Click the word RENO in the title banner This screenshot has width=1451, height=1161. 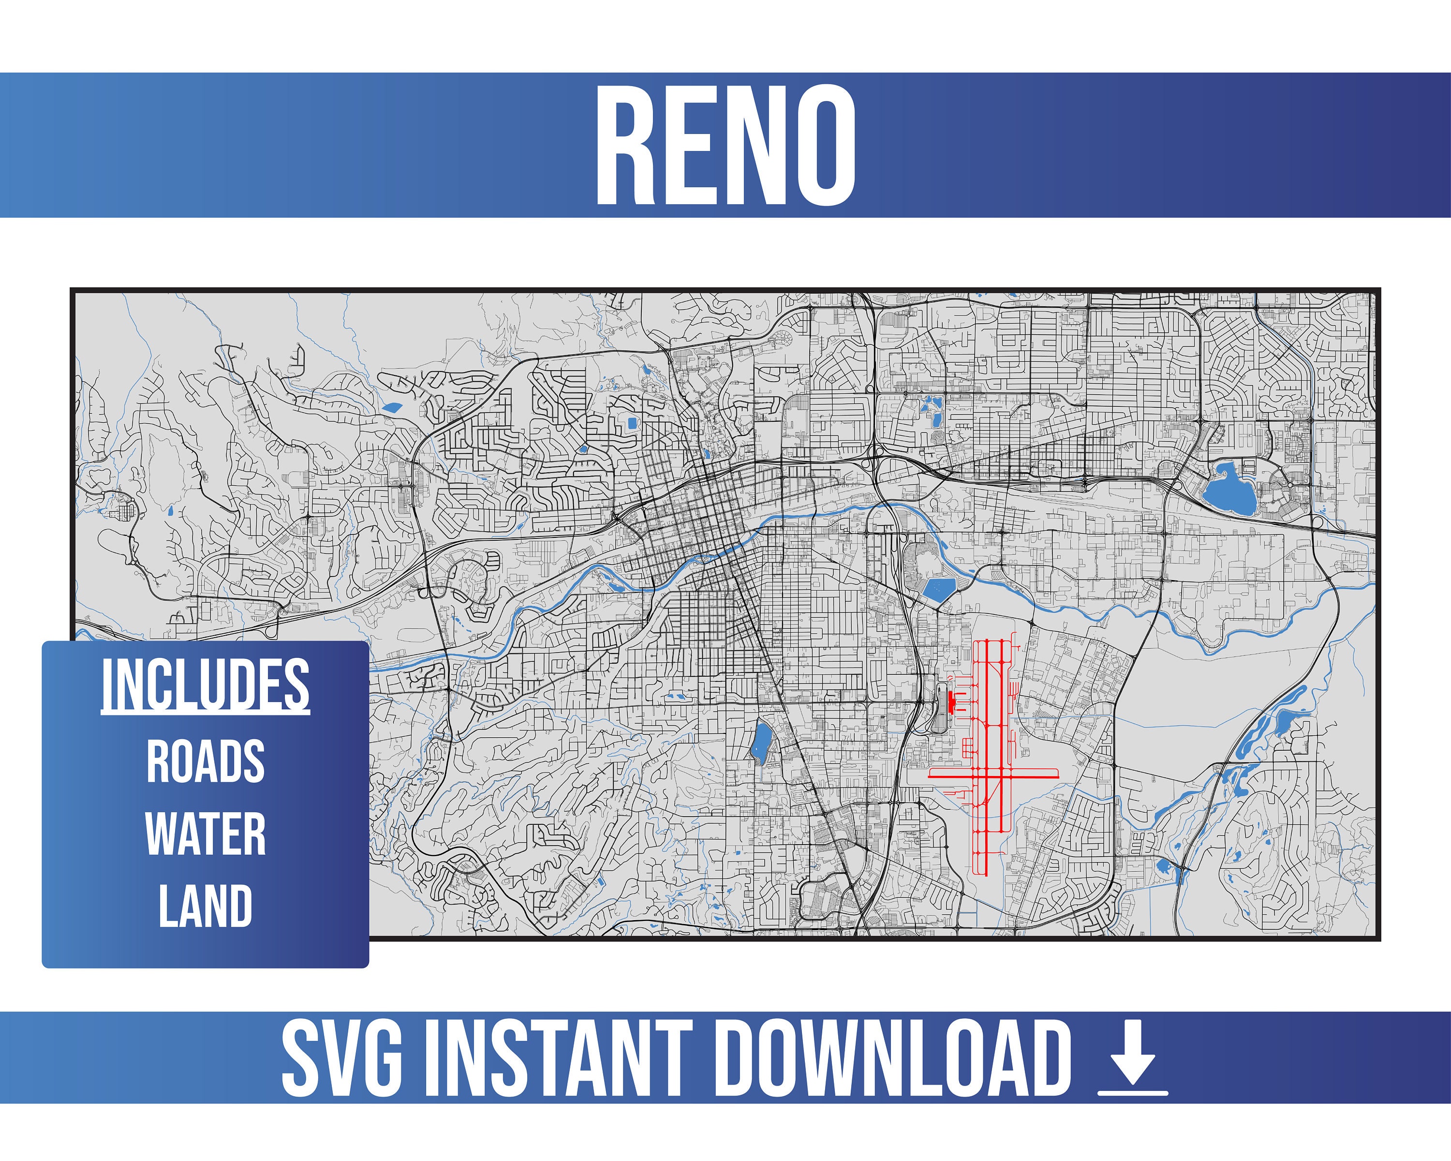click(x=725, y=145)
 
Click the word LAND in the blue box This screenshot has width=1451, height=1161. click(x=205, y=906)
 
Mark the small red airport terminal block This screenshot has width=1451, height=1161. click(x=951, y=701)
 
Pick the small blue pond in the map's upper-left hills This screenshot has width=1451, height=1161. click(x=390, y=406)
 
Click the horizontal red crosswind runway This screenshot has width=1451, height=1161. click(x=993, y=777)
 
